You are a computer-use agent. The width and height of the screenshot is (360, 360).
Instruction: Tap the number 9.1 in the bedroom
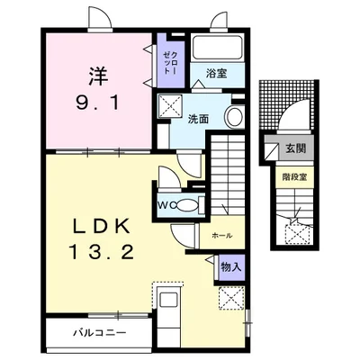tap(98, 103)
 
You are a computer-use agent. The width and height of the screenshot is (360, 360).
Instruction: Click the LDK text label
tap(102, 226)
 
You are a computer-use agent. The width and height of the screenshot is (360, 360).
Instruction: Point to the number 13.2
tap(102, 252)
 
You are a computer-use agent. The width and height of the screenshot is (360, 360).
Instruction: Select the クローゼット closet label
tap(170, 63)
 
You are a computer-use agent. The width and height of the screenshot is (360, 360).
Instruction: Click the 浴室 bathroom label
tap(216, 73)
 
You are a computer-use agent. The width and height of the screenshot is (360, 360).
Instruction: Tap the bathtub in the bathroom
tap(218, 48)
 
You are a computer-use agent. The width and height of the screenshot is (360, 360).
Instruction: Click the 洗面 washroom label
tap(198, 119)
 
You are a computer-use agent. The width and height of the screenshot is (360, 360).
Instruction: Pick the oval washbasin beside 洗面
tap(235, 117)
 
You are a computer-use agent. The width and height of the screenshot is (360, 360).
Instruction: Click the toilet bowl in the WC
tap(188, 205)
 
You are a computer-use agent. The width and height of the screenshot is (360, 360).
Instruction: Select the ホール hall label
tap(222, 236)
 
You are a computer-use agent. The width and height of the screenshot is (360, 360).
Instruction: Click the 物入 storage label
tap(231, 266)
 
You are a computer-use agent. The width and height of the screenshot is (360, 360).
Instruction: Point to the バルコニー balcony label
tap(100, 333)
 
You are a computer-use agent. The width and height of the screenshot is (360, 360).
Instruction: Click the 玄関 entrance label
tap(295, 148)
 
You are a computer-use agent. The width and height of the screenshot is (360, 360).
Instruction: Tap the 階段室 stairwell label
tap(294, 177)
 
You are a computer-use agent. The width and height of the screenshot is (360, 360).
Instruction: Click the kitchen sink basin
tap(169, 300)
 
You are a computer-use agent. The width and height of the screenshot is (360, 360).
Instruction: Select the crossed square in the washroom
tap(170, 106)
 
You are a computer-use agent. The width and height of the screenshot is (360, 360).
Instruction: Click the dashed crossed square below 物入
tap(231, 298)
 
